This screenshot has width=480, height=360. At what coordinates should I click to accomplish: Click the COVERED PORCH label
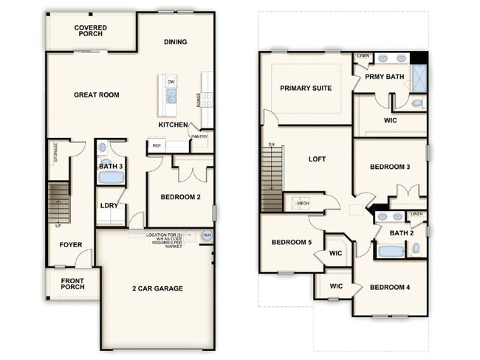click(x=90, y=32)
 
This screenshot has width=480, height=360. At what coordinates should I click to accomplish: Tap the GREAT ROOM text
click(x=97, y=94)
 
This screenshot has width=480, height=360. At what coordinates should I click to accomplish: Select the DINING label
click(x=175, y=42)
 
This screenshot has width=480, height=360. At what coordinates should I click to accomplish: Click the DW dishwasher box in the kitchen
click(x=171, y=81)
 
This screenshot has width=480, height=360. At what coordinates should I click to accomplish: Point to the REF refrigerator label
click(x=157, y=146)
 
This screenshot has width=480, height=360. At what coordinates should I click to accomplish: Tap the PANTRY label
click(x=199, y=136)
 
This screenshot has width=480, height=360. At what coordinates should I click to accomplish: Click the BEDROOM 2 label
click(x=181, y=196)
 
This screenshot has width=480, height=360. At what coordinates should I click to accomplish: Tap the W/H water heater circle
click(x=207, y=235)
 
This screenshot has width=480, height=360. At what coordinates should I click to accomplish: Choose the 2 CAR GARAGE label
click(x=157, y=288)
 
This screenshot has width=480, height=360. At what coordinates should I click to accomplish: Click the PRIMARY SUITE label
click(x=306, y=88)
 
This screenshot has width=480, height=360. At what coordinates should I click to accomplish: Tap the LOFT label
click(x=317, y=159)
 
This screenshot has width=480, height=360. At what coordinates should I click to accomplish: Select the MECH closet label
click(x=303, y=202)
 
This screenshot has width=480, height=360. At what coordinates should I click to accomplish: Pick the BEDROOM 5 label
click(x=291, y=242)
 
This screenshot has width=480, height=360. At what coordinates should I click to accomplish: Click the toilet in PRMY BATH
click(x=417, y=103)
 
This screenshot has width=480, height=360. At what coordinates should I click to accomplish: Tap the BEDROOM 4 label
click(x=389, y=287)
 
